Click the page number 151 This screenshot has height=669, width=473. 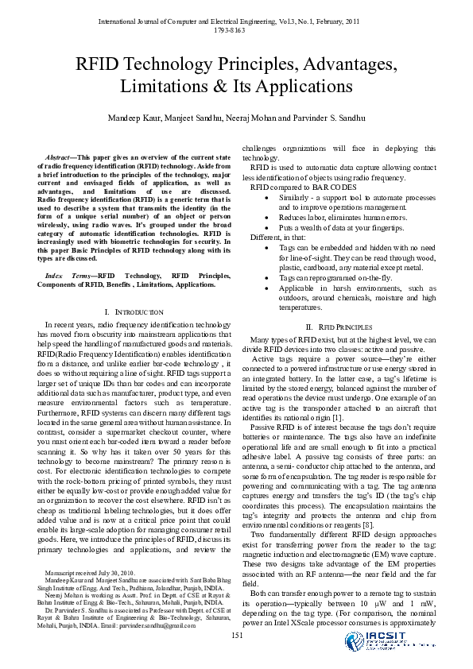[236, 634]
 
